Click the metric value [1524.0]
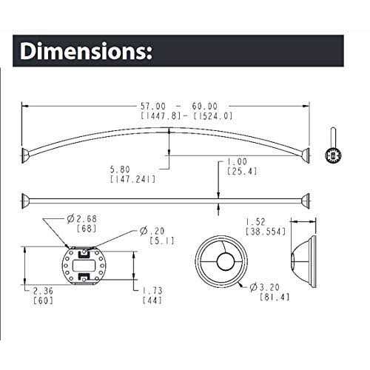[209, 116]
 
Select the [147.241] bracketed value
[127, 178]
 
